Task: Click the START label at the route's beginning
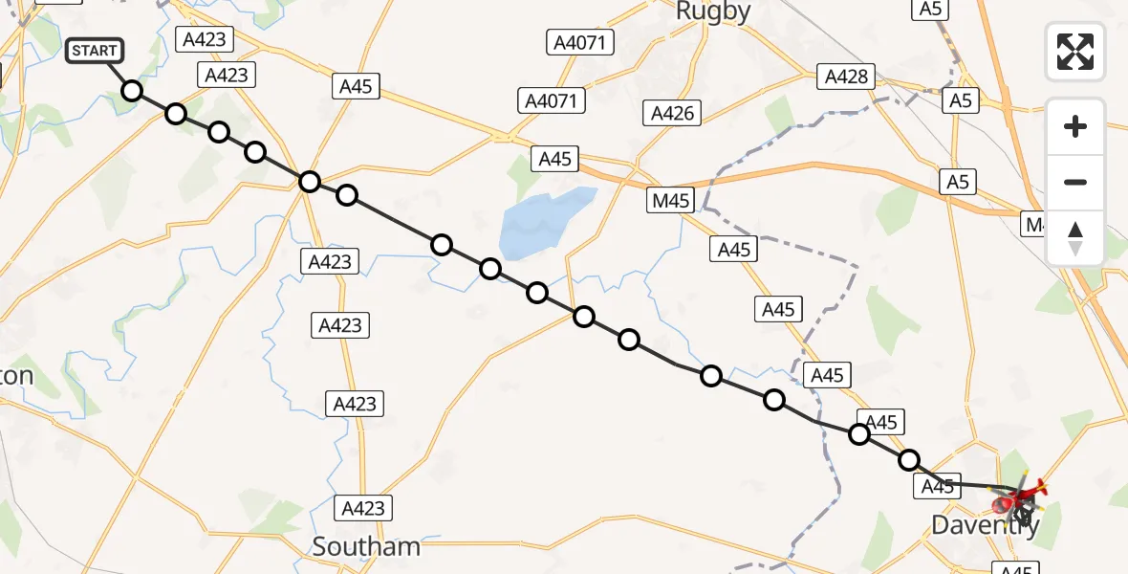pyautogui.click(x=95, y=51)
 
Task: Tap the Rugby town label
pyautogui.click(x=713, y=11)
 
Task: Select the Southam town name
pyautogui.click(x=367, y=546)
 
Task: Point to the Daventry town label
pyautogui.click(x=985, y=525)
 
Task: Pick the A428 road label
pyautogui.click(x=847, y=76)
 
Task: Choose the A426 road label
pyautogui.click(x=672, y=113)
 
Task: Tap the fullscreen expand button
pyautogui.click(x=1075, y=52)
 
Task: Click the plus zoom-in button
pyautogui.click(x=1075, y=126)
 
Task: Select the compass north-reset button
pyautogui.click(x=1075, y=238)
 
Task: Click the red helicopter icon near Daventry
pyautogui.click(x=1023, y=496)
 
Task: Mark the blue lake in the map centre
pyautogui.click(x=544, y=221)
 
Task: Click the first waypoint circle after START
pyautogui.click(x=132, y=91)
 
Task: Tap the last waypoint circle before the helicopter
pyautogui.click(x=909, y=460)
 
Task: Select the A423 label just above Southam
pyautogui.click(x=364, y=508)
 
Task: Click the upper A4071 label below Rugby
pyautogui.click(x=581, y=42)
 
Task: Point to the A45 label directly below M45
pyautogui.click(x=734, y=250)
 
